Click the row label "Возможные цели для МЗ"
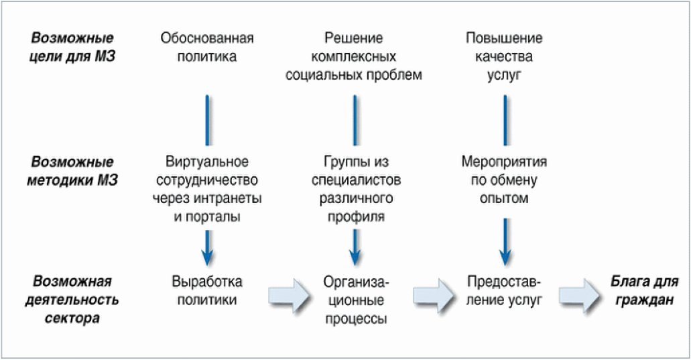point(74,47)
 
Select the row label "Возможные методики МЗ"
point(74,171)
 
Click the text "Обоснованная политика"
point(206,47)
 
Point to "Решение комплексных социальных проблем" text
point(354,56)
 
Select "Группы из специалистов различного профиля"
point(355,190)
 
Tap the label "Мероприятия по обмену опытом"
point(504,180)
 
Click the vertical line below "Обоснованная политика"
point(207,119)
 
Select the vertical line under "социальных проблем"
point(355,119)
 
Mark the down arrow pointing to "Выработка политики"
point(207,248)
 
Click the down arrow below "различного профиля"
point(355,248)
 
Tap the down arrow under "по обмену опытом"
point(504,241)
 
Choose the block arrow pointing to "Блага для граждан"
point(580,295)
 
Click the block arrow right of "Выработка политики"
point(290,295)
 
